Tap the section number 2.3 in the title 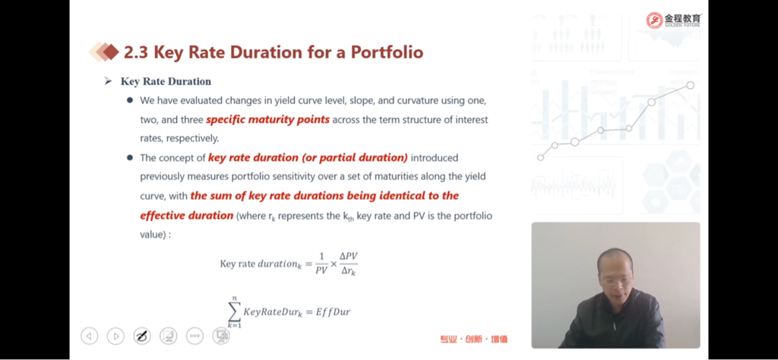tap(136, 52)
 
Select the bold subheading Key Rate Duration tap(166, 81)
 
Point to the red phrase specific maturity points tap(268, 120)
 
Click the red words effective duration tap(187, 216)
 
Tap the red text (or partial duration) tap(354, 158)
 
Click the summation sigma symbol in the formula tap(234, 311)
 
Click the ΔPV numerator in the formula tap(348, 257)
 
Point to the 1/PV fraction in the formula tap(321, 264)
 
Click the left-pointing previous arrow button tap(90, 336)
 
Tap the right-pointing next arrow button tap(115, 336)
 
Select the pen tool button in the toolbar tap(142, 336)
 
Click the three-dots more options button tap(194, 336)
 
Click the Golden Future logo tap(674, 21)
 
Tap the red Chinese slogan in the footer tap(474, 339)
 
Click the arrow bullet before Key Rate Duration tap(108, 81)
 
